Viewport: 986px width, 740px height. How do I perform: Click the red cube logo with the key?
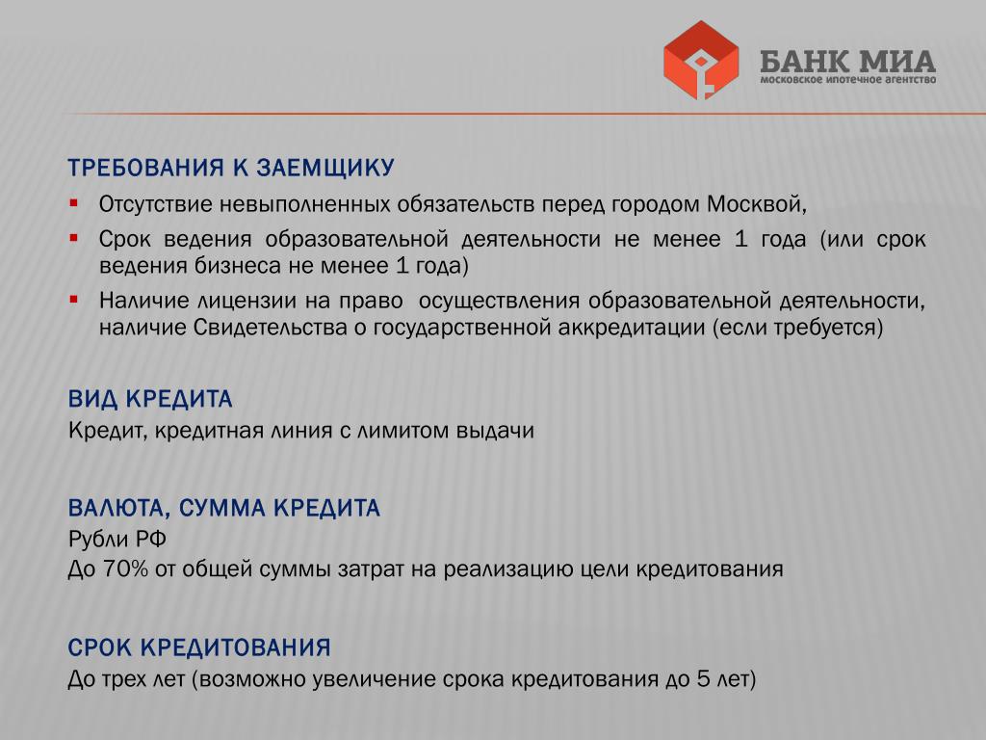point(701,60)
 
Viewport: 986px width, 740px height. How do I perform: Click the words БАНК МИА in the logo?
point(847,61)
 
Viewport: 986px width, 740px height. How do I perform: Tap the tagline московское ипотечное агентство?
point(847,80)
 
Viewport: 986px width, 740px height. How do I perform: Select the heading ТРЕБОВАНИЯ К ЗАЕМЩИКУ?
point(231,168)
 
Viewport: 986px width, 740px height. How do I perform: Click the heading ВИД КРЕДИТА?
point(150,399)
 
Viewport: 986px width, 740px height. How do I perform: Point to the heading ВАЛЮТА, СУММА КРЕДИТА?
point(223,509)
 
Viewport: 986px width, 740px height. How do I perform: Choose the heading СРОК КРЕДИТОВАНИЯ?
point(199,647)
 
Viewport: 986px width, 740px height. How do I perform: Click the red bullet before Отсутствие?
point(74,203)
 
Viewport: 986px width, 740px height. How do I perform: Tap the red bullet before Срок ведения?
point(74,238)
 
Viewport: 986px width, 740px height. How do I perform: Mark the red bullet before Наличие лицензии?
point(74,300)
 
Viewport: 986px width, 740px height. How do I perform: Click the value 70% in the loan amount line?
point(125,568)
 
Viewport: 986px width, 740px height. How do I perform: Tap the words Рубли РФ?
point(117,540)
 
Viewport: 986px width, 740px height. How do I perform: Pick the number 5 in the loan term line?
point(704,679)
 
